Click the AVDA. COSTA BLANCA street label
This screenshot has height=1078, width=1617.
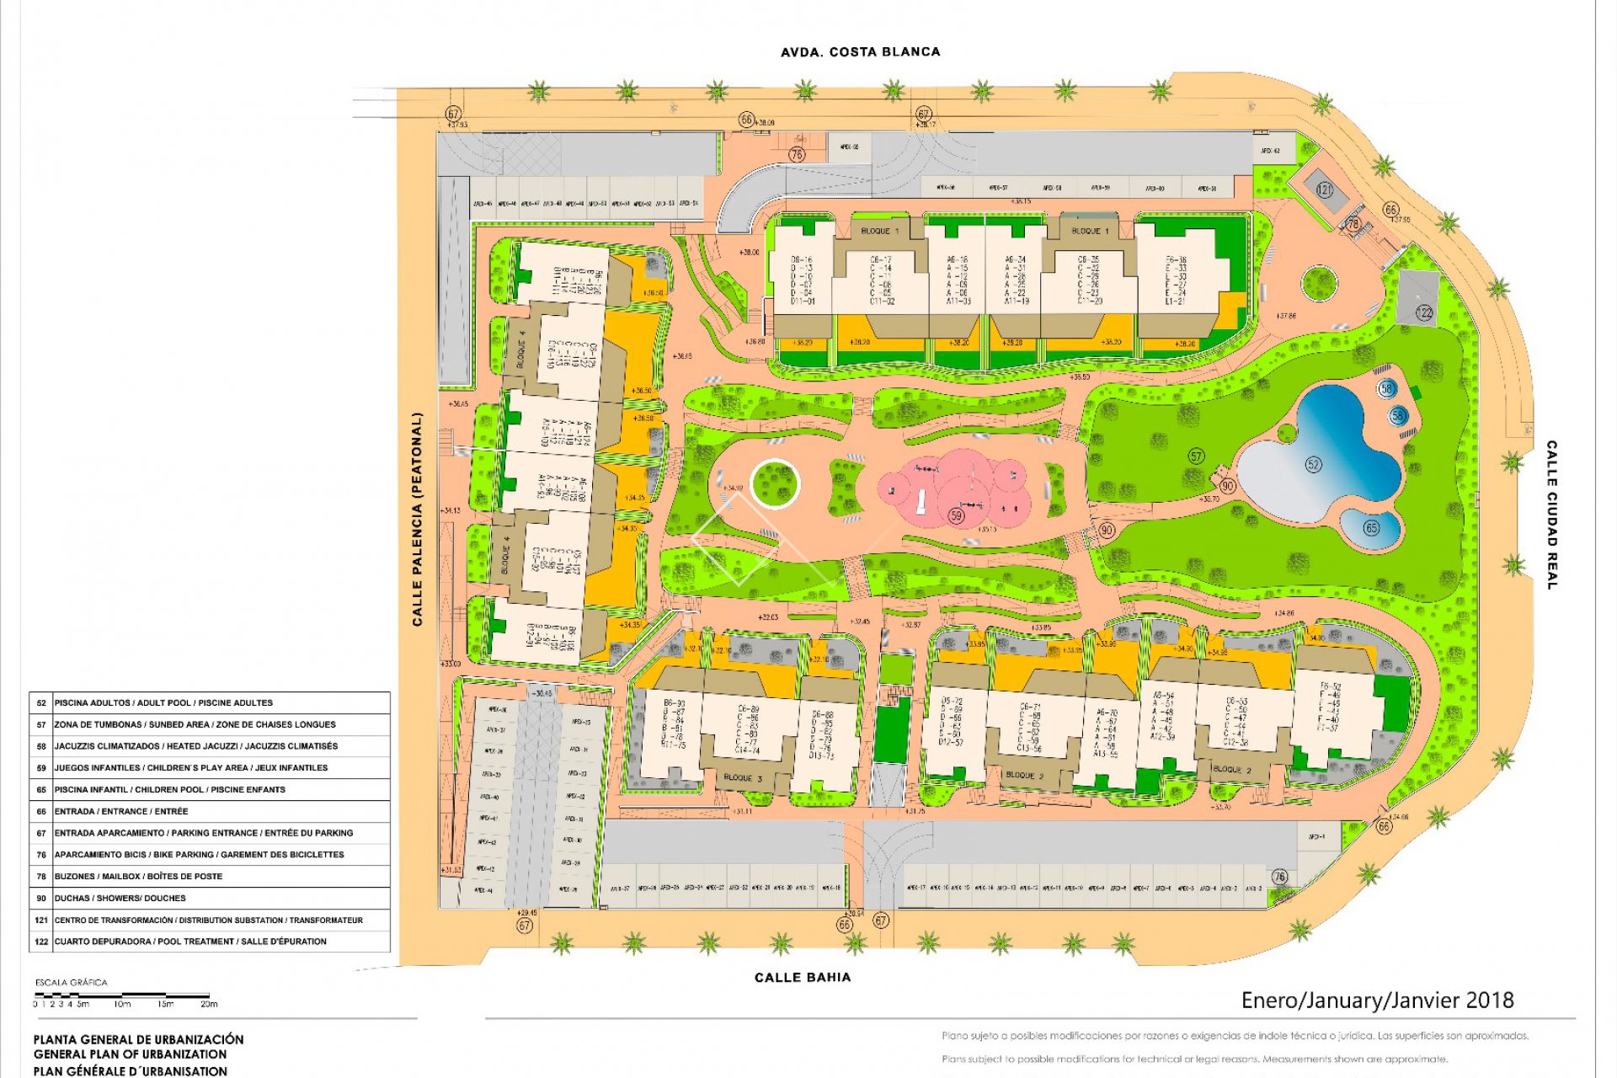860,52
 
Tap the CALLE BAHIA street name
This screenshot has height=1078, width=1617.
803,977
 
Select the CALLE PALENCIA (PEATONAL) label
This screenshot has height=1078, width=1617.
417,519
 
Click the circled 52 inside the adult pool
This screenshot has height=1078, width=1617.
1313,464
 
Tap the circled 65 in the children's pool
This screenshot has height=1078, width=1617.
1372,528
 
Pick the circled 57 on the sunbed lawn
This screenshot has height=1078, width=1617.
1196,456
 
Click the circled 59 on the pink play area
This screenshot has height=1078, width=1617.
956,515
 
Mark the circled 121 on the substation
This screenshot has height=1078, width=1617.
1325,190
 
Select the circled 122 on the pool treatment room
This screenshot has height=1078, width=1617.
1423,312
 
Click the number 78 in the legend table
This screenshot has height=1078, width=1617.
41,876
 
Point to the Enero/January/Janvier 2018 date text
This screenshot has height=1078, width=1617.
1377,1001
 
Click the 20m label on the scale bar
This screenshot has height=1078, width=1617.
209,1004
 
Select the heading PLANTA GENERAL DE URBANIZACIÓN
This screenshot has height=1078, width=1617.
139,1039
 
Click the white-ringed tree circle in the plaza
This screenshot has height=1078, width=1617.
775,484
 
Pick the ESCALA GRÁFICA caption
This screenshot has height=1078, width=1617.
71,982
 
